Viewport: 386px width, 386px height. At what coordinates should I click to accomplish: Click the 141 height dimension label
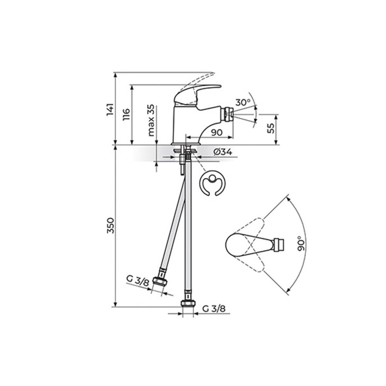110,109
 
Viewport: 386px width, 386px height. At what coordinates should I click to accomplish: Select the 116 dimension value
126,115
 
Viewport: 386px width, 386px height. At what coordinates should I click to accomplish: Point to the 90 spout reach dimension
216,133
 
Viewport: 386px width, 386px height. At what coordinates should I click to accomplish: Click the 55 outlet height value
271,128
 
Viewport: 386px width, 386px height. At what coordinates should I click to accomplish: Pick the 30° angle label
243,102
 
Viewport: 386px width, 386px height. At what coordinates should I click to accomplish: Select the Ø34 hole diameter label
223,152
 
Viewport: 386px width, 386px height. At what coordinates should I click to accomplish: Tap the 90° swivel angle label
301,243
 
